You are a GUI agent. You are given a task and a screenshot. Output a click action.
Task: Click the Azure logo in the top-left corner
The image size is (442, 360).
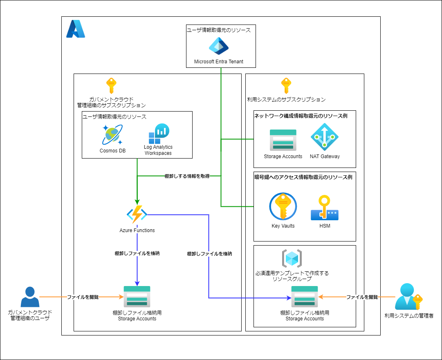coord(76,29)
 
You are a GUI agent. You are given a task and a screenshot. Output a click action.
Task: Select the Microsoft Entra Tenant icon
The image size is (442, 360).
coord(219,46)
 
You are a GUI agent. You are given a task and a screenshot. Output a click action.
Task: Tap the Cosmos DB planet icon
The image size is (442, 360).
coord(112,135)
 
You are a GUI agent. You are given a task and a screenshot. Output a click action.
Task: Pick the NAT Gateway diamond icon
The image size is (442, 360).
coord(324,137)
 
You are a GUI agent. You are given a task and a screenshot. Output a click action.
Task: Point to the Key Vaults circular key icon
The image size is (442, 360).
coord(283,206)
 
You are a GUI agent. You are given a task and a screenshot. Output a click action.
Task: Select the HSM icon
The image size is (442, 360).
coord(324,208)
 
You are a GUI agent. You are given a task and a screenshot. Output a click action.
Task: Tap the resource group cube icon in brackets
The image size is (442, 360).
coord(292,258)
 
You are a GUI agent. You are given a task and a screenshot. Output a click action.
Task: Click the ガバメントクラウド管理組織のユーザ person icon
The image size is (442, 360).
coord(30,297)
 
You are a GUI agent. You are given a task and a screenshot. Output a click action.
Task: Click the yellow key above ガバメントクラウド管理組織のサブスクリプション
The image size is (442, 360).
coord(111,86)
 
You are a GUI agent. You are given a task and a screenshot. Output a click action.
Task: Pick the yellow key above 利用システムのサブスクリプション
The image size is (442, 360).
coord(286,86)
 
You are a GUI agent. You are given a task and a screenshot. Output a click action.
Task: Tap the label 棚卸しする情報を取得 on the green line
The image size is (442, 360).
coord(186,176)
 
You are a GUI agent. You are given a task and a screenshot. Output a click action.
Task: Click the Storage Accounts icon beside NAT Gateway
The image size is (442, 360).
coord(283,140)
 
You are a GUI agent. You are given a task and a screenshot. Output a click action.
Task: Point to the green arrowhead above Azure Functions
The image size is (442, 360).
coord(137,201)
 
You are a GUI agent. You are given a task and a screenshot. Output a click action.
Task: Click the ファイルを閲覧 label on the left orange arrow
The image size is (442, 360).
coord(83,297)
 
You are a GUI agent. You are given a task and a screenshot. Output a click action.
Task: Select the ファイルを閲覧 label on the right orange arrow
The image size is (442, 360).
coord(362,297)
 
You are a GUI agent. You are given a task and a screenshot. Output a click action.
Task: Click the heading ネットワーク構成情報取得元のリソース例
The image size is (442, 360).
coord(301,116)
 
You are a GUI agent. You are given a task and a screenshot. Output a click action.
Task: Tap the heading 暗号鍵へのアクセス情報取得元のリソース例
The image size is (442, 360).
coord(303,177)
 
